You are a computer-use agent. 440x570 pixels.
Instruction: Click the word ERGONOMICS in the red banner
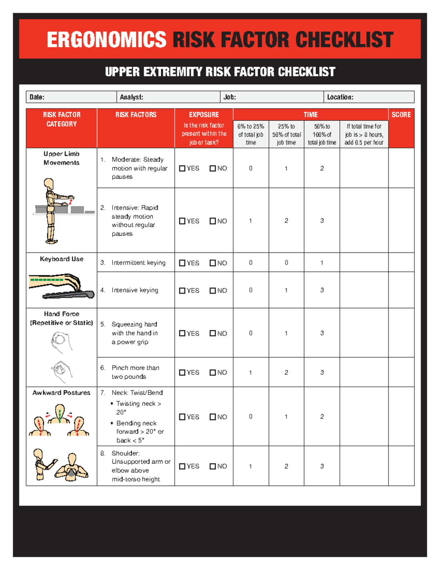pos(106,40)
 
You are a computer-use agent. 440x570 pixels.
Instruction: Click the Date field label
pos(37,97)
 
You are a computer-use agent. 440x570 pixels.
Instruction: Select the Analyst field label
pos(132,97)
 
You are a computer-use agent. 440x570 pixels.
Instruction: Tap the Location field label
pos(340,97)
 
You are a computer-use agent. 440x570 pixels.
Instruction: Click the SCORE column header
pos(401,115)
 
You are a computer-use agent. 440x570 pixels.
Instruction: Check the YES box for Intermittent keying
pos(182,263)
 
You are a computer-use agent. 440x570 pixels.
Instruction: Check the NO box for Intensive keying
pos(213,291)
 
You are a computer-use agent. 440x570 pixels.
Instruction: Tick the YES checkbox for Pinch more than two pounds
pos(182,373)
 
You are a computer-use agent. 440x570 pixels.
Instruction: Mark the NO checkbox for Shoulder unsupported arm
pos(213,466)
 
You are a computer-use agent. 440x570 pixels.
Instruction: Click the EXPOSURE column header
pos(204,115)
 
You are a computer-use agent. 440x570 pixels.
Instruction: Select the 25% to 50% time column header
pos(286,134)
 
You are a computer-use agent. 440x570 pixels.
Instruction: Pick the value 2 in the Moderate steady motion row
pos(322,168)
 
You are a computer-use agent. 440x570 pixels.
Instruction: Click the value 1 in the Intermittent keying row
pos(322,263)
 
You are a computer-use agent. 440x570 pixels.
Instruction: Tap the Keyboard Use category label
pos(62,259)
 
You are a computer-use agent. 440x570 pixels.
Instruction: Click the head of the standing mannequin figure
pos(49,183)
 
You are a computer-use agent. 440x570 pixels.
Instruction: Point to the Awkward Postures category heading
pos(61,393)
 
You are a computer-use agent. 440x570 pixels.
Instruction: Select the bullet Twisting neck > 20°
pos(138,407)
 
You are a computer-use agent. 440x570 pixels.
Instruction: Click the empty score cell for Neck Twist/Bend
pos(401,417)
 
